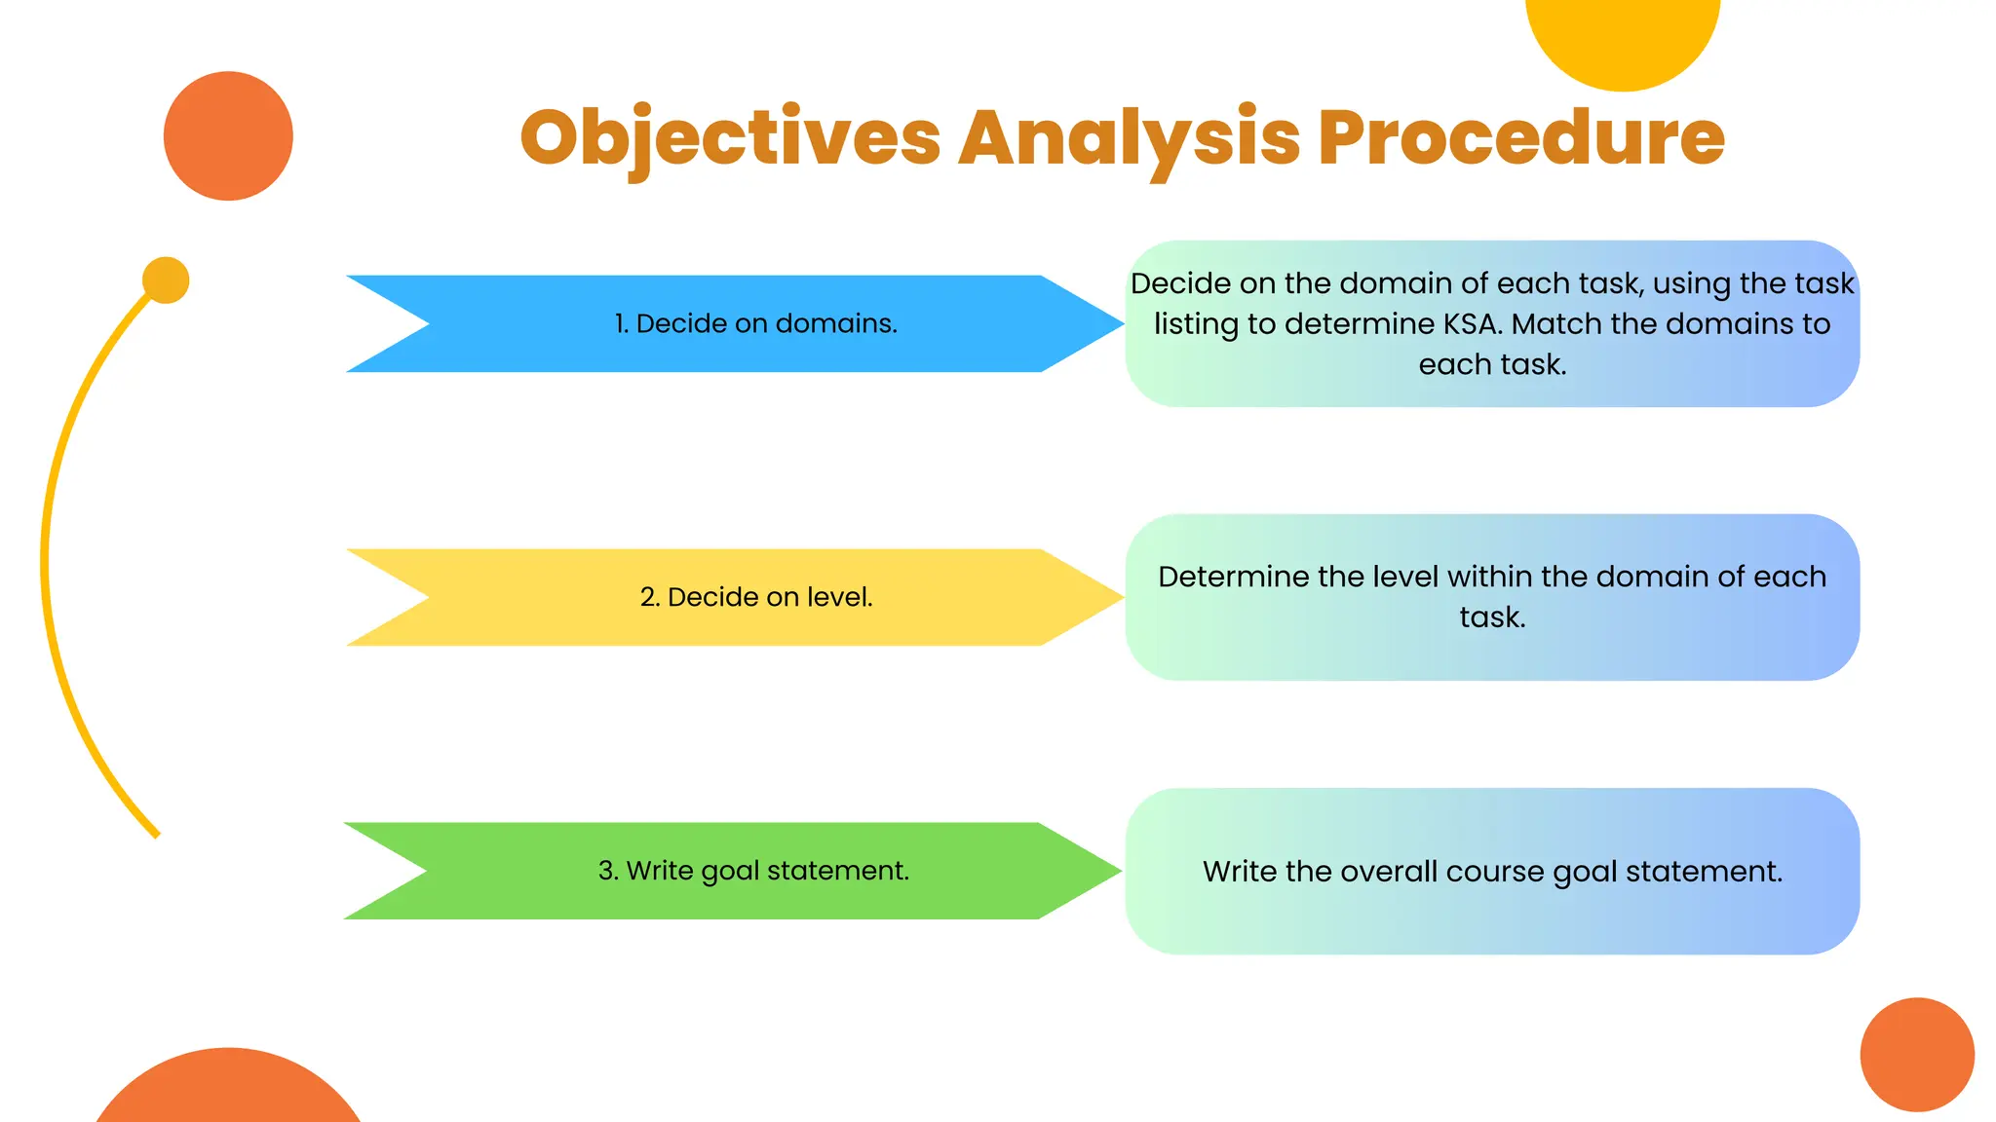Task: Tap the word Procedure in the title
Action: click(x=1521, y=138)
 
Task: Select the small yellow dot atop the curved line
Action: click(x=166, y=280)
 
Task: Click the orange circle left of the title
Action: click(x=228, y=136)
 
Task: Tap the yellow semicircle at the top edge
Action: click(x=1623, y=39)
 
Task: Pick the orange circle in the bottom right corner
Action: click(x=1917, y=1054)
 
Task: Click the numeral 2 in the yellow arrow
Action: click(x=648, y=597)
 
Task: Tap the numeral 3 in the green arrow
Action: click(x=606, y=871)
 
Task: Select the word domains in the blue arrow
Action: click(x=835, y=323)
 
